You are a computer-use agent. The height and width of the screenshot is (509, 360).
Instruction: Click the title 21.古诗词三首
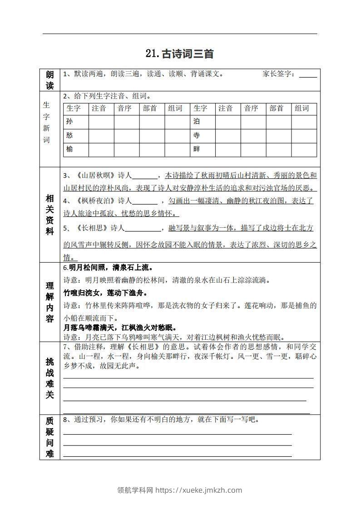(x=180, y=54)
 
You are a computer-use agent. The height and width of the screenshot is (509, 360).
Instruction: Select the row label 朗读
(x=50, y=79)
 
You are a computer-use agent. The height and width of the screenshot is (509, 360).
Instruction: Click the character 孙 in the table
(x=69, y=122)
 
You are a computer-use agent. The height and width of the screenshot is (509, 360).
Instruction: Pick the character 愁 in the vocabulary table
(x=69, y=135)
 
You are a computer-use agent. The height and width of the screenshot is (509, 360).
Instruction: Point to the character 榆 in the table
(x=69, y=149)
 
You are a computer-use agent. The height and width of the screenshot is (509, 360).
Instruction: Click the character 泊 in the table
(x=197, y=122)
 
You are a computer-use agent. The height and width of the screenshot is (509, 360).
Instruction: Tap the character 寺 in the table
(x=197, y=135)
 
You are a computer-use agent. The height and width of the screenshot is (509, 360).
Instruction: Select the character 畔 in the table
(x=197, y=149)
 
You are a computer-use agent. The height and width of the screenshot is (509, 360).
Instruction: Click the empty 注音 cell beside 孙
(x=101, y=122)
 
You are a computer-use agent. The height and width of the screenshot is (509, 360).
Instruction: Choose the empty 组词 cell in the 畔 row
(x=304, y=149)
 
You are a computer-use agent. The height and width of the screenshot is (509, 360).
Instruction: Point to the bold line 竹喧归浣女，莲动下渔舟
(x=110, y=293)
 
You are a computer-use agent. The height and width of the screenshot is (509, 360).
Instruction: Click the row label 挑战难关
(x=50, y=378)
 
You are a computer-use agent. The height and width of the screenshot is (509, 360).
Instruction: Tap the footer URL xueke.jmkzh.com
(x=199, y=490)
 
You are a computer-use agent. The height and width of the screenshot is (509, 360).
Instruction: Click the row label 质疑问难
(x=50, y=437)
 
